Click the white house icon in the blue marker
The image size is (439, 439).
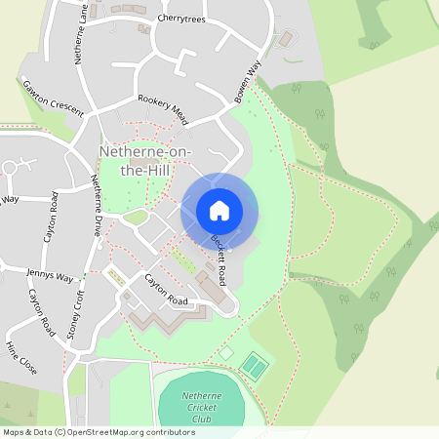[x=219, y=210]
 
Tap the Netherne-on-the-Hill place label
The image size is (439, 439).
[x=147, y=160]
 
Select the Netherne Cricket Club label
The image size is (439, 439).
[x=187, y=407]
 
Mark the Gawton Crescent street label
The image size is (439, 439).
[x=53, y=99]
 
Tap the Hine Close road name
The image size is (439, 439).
[x=20, y=358]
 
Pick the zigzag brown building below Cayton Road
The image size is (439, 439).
[x=156, y=319]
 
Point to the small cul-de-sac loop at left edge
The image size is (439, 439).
[x=10, y=167]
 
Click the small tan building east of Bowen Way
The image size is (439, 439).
[x=285, y=41]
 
